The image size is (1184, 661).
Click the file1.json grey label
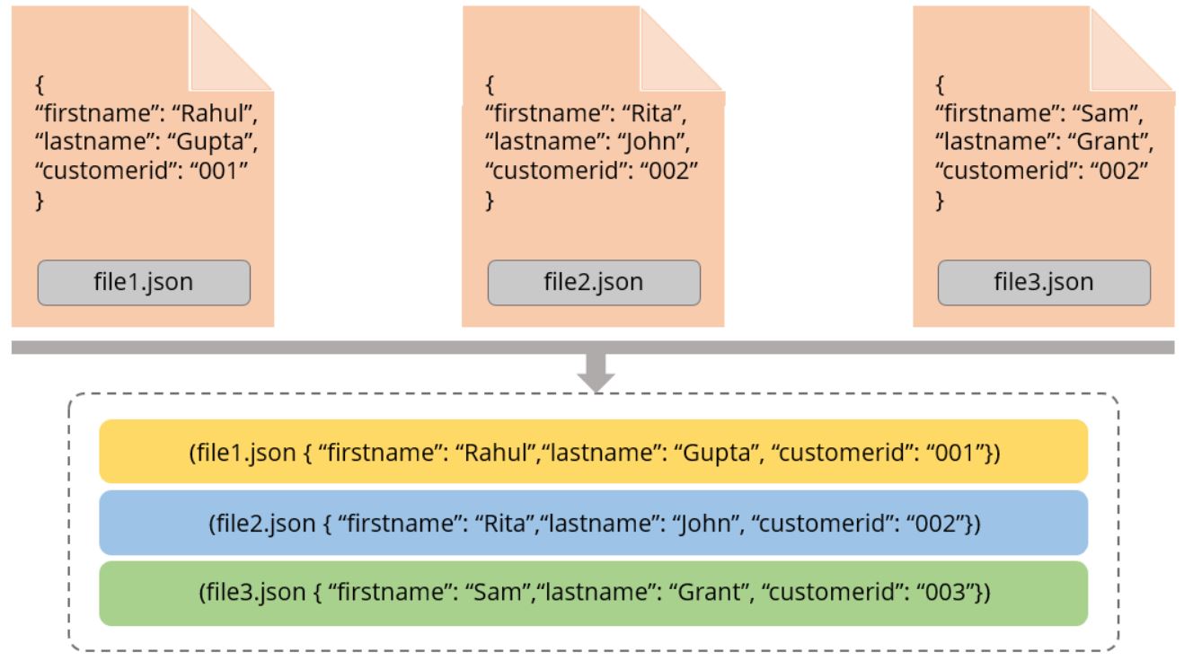[x=144, y=283]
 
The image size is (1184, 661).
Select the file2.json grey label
[x=594, y=283]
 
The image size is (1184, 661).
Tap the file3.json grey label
[x=1044, y=283]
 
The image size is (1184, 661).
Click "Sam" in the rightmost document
[x=1104, y=113]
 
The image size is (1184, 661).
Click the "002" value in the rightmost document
[x=1121, y=171]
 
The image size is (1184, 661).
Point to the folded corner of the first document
[x=231, y=49]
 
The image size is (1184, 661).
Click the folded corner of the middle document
[x=681, y=49]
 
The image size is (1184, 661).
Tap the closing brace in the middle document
[x=490, y=201]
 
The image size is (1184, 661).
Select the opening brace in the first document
[x=40, y=84]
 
